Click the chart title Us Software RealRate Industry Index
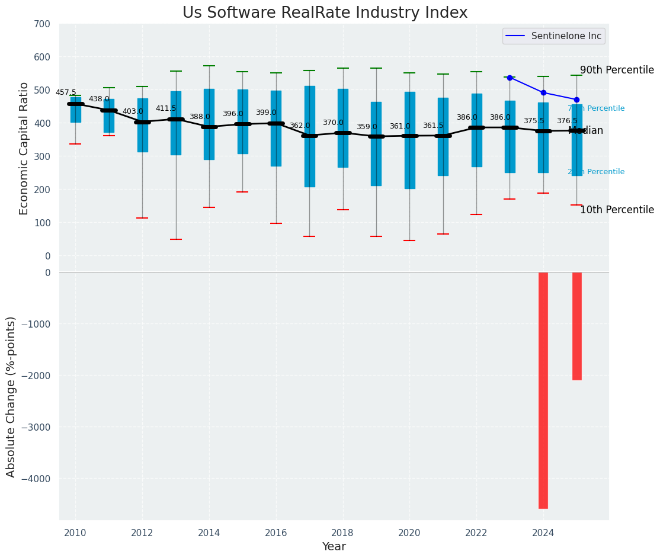(x=325, y=13)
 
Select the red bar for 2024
(x=543, y=390)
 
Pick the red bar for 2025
(x=576, y=326)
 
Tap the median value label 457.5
(x=66, y=92)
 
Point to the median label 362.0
(x=300, y=126)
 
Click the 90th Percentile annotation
(x=617, y=70)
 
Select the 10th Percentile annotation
(x=617, y=210)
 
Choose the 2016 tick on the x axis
(x=276, y=533)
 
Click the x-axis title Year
(x=334, y=547)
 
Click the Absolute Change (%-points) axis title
(x=11, y=396)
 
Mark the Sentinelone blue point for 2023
(x=510, y=78)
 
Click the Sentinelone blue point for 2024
(x=543, y=92)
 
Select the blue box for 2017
(x=309, y=136)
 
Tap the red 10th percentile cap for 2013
(x=176, y=239)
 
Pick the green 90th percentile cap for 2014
(x=209, y=66)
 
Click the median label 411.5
(x=166, y=108)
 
